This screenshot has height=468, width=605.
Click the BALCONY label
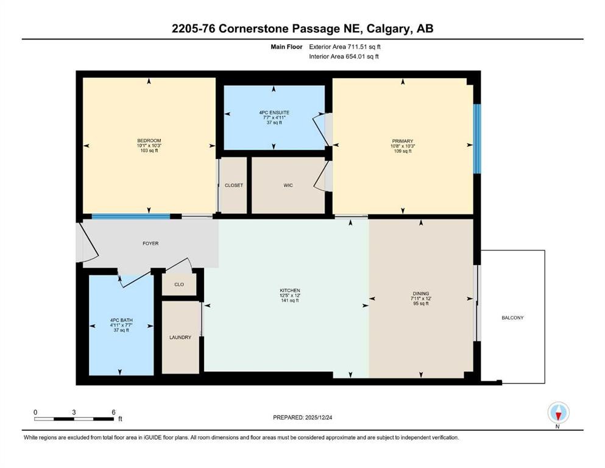512,317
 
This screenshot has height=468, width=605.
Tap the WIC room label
288,185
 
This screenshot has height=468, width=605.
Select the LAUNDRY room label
180,337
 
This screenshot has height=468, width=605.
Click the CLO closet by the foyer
179,284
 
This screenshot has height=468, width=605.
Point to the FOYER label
150,243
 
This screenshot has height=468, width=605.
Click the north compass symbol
557,414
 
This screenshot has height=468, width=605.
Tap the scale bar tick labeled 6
113,412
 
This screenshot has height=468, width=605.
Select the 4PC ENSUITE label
273,112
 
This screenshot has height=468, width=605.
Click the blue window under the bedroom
130,216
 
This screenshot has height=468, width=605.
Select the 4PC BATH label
121,320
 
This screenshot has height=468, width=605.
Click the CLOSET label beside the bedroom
234,185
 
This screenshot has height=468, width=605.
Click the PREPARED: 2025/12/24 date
302,417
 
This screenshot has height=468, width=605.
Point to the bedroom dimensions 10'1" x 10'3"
149,146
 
